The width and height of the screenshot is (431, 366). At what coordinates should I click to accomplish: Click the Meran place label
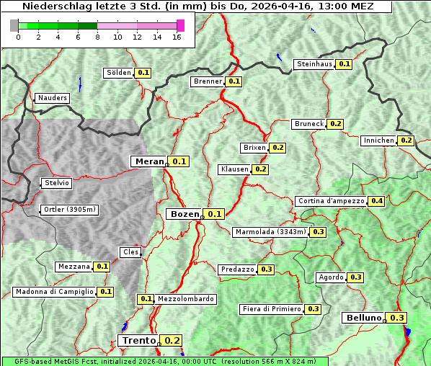pyautogui.click(x=150, y=161)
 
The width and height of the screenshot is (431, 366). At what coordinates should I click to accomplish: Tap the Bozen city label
pyautogui.click(x=184, y=214)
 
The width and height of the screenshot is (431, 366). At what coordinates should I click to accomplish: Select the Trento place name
pyautogui.click(x=138, y=341)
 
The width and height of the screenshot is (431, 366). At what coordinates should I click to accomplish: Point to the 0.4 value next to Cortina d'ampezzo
pyautogui.click(x=376, y=201)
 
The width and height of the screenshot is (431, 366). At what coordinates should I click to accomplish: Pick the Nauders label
pyautogui.click(x=52, y=98)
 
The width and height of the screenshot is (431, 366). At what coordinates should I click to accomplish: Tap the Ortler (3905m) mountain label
pyautogui.click(x=70, y=210)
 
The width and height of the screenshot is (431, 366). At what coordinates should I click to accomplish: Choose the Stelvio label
pyautogui.click(x=57, y=183)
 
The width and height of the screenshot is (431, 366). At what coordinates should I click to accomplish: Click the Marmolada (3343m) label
pyautogui.click(x=270, y=232)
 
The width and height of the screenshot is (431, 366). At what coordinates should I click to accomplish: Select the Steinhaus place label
pyautogui.click(x=314, y=64)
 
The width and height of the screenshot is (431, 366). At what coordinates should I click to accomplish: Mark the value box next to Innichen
pyautogui.click(x=406, y=140)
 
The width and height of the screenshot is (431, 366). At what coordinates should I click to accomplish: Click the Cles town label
pyautogui.click(x=130, y=252)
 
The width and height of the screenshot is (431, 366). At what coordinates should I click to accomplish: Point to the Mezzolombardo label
pyautogui.click(x=185, y=299)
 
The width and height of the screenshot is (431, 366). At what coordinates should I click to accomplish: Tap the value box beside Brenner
pyautogui.click(x=234, y=82)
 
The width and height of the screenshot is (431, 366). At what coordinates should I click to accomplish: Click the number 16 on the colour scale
pyautogui.click(x=177, y=37)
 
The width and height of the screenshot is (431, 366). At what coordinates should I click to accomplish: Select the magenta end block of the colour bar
pyautogui.click(x=180, y=25)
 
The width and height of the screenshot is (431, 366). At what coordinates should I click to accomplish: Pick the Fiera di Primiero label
pyautogui.click(x=271, y=309)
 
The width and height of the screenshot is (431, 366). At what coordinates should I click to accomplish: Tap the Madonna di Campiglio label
pyautogui.click(x=54, y=292)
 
